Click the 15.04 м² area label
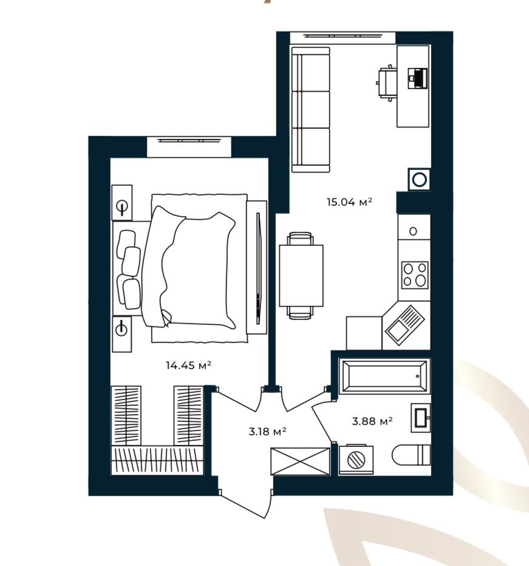(349, 202)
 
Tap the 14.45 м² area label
(188, 366)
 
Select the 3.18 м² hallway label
(268, 431)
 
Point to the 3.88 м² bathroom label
(372, 421)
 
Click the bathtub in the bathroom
(384, 376)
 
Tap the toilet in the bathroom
(411, 455)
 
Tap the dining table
(301, 276)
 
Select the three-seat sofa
(310, 109)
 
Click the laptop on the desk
(418, 78)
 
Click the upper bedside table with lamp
(122, 202)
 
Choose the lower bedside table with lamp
(122, 334)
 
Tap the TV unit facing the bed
(257, 267)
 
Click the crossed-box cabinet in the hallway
(301, 462)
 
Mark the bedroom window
(189, 146)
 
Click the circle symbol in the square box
(419, 179)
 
